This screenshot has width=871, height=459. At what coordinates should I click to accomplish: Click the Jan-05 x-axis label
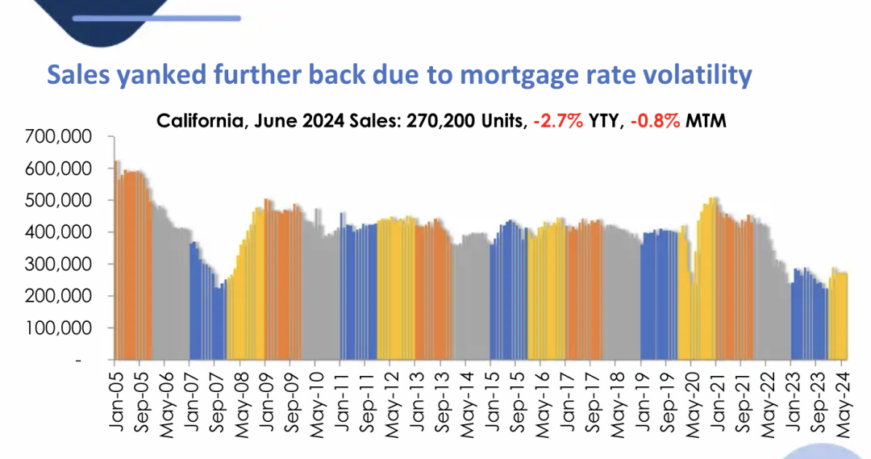click(x=114, y=395)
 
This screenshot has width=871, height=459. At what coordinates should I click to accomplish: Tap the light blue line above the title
click(x=190, y=18)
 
